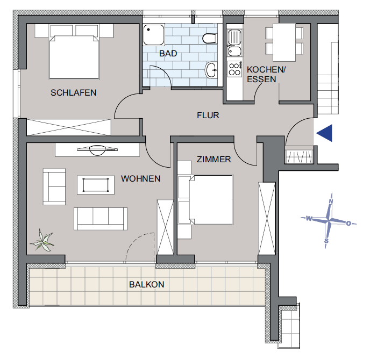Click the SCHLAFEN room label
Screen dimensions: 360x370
point(74,92)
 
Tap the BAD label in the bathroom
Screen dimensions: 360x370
point(168,54)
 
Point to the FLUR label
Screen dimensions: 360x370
point(208,115)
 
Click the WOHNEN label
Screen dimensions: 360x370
point(140,178)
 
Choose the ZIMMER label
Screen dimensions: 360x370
point(214,160)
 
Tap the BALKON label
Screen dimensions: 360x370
point(146,285)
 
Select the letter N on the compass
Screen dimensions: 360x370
point(331,202)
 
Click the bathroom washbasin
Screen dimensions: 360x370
point(211,69)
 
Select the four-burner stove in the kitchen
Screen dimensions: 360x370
point(234,69)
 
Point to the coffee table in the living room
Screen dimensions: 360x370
point(97,185)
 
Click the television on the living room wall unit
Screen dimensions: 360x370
point(97,149)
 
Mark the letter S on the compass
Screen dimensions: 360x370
point(326,240)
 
